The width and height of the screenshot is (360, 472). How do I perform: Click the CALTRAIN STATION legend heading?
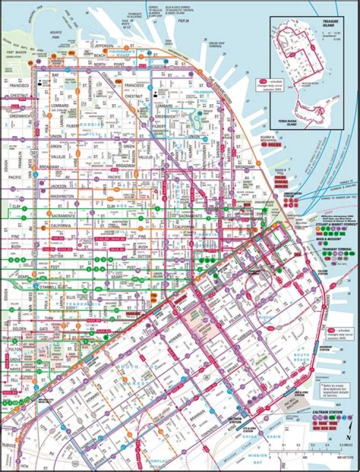pos(327,411)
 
